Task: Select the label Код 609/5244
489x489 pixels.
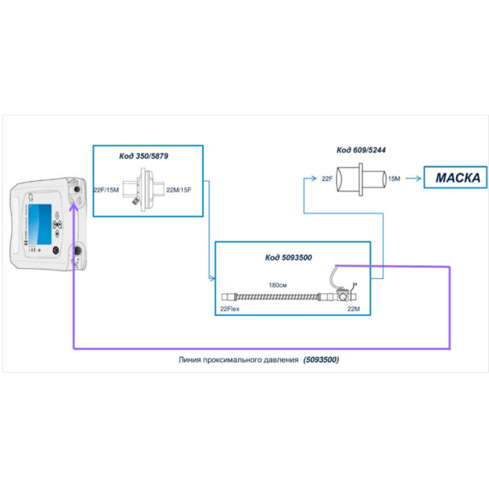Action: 362,150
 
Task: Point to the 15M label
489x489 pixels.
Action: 394,177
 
